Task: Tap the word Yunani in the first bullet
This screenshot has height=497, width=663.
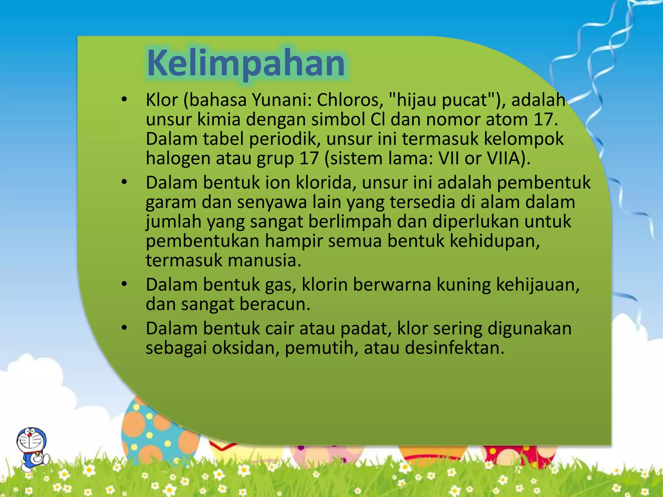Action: [281, 100]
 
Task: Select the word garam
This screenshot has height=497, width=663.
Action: [171, 203]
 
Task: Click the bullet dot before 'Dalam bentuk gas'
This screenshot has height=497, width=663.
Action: [124, 285]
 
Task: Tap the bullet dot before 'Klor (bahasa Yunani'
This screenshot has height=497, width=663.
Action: [124, 100]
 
